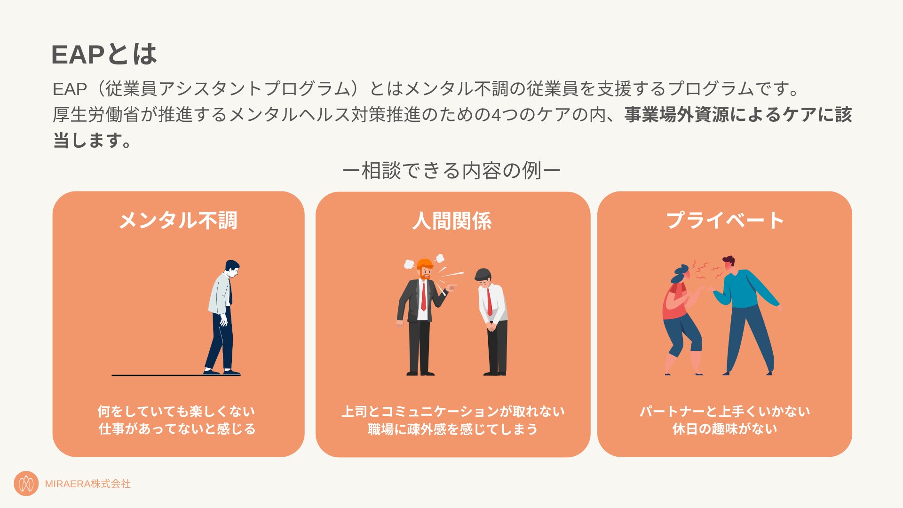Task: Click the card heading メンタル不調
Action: (x=178, y=221)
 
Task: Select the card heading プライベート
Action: (x=725, y=221)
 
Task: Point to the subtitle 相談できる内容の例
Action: (x=451, y=170)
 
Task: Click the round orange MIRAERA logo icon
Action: (x=26, y=484)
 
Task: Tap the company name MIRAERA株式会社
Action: (x=87, y=484)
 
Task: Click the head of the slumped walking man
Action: (x=232, y=268)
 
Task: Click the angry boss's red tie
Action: (x=423, y=296)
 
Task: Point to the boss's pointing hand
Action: (x=451, y=287)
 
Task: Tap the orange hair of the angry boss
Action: (x=425, y=263)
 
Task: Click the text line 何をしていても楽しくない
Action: (x=176, y=412)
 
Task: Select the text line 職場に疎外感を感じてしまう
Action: (x=452, y=429)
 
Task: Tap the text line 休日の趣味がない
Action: (x=724, y=429)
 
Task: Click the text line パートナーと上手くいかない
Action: (x=724, y=412)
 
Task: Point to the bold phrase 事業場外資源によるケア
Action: (x=720, y=115)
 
